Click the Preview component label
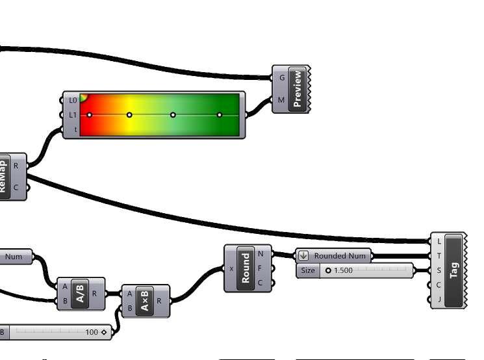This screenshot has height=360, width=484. pos(298,89)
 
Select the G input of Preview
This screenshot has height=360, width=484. pos(282,77)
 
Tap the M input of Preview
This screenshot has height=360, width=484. pos(281,100)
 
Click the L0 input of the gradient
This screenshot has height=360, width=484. pos(73,100)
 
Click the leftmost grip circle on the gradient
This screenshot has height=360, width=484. pos(90,115)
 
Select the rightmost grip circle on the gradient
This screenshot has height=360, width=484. pos(220,115)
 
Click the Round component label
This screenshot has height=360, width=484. pos(246,268)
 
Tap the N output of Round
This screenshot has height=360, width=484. pos(261,254)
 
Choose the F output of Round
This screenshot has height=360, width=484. pos(261,268)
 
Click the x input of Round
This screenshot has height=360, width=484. pos(232,268)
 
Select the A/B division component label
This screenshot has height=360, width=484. pos(80,294)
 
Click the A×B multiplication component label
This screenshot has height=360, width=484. pos(145,301)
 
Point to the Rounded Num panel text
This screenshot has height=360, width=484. pos(340,256)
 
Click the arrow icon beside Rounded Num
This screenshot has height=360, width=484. pos(303,256)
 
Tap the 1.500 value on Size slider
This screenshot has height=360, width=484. pos(343,270)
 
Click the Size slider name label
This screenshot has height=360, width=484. pos(308,270)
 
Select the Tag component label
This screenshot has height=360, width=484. pos(454,270)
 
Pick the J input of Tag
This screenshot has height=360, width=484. pos(439,300)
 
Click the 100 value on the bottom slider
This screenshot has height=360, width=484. pos(92,332)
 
